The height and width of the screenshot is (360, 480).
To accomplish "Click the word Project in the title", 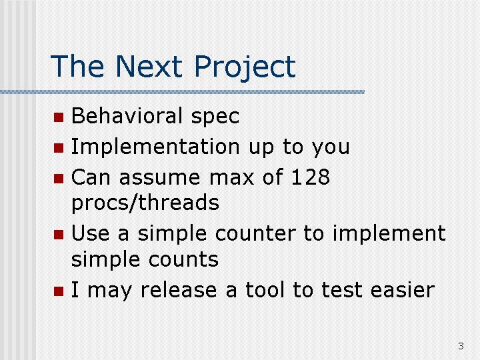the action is (x=245, y=67).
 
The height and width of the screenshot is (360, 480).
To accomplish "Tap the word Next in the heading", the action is (x=149, y=66).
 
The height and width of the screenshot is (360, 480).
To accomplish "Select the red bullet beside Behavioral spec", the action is (x=59, y=117).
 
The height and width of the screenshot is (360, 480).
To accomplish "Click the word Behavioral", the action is (x=127, y=115).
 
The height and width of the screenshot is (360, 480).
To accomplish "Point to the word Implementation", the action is (x=155, y=146).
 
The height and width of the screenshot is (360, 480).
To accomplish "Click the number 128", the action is (x=311, y=177).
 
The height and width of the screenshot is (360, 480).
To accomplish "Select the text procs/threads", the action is (x=145, y=203).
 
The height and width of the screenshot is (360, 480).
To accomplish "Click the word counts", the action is (x=183, y=259).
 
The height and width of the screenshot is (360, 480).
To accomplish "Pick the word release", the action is (x=179, y=289).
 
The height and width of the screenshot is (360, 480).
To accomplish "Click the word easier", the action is (x=403, y=289).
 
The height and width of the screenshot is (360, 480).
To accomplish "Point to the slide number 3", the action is (x=461, y=346).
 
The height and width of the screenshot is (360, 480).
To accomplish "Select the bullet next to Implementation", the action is (x=59, y=148).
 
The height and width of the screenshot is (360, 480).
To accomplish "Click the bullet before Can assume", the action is (x=59, y=179).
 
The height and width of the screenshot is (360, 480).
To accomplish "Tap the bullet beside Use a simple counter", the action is (x=59, y=235).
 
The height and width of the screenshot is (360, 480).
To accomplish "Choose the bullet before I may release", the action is (x=59, y=291).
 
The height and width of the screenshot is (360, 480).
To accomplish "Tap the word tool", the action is (x=265, y=289).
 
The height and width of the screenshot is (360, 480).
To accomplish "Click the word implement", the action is (x=389, y=234).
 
